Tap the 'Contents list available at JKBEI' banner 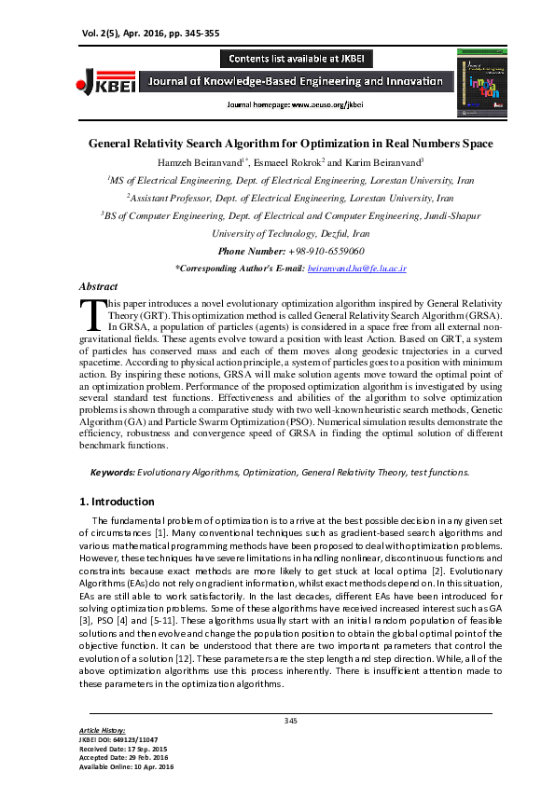click(296, 58)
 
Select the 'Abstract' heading click(98, 287)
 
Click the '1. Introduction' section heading click(117, 502)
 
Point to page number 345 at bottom click(291, 720)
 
